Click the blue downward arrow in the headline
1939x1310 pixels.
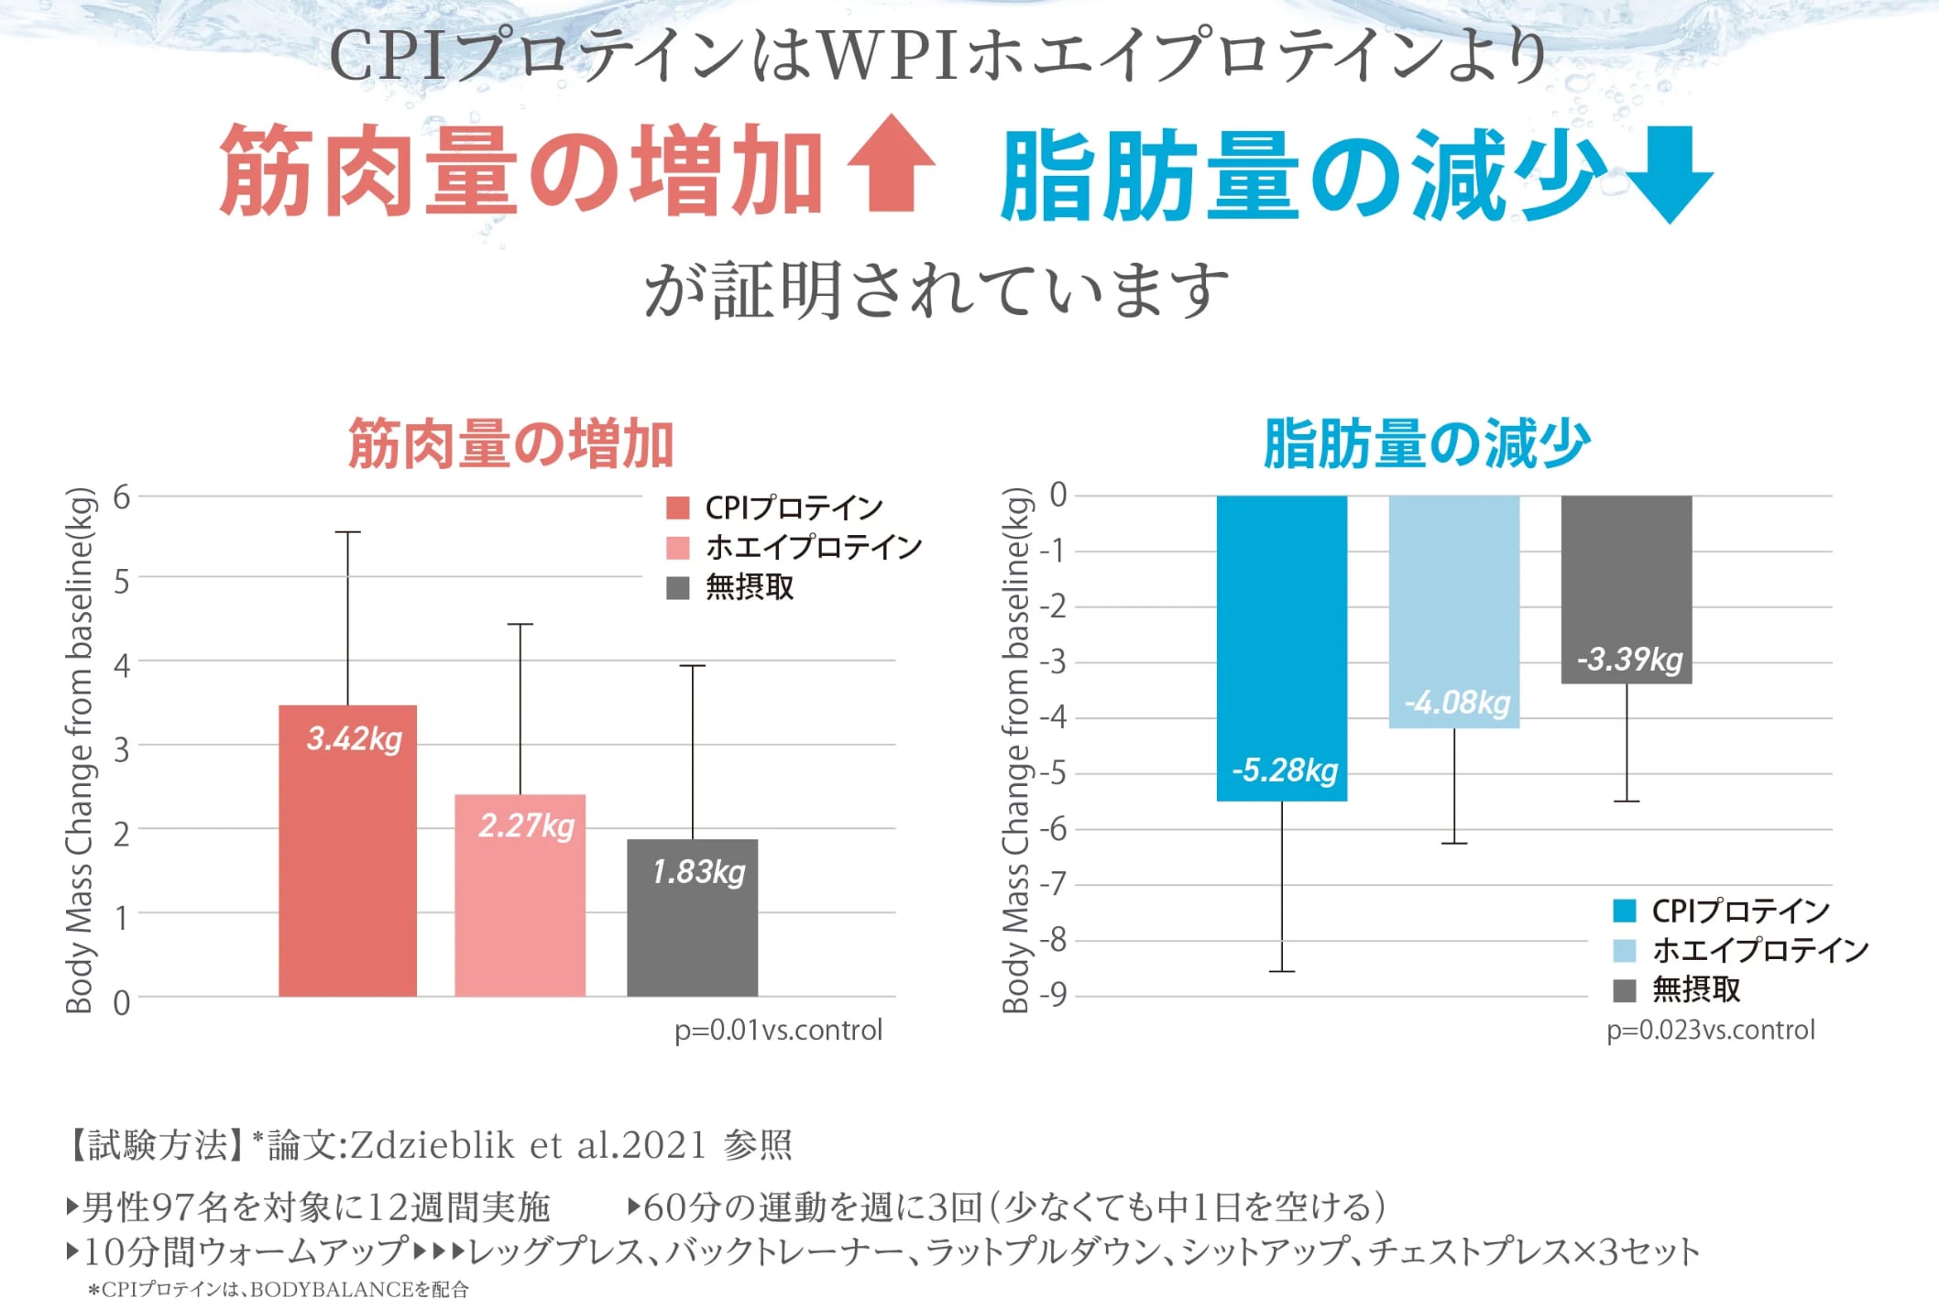(x=1671, y=175)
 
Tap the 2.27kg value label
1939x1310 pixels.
(x=526, y=825)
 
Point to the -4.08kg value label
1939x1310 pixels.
(x=1457, y=703)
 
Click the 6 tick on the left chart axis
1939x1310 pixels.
(x=121, y=497)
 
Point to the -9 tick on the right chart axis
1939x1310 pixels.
(x=1057, y=995)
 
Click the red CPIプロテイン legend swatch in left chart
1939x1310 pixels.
(x=677, y=508)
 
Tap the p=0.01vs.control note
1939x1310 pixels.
(x=778, y=1030)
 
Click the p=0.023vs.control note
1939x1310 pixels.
(x=1710, y=1030)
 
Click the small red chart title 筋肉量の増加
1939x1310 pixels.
(x=510, y=444)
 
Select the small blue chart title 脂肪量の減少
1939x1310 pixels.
(x=1426, y=444)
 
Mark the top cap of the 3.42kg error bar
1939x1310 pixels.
(x=347, y=531)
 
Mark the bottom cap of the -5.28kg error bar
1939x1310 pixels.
(x=1281, y=971)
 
